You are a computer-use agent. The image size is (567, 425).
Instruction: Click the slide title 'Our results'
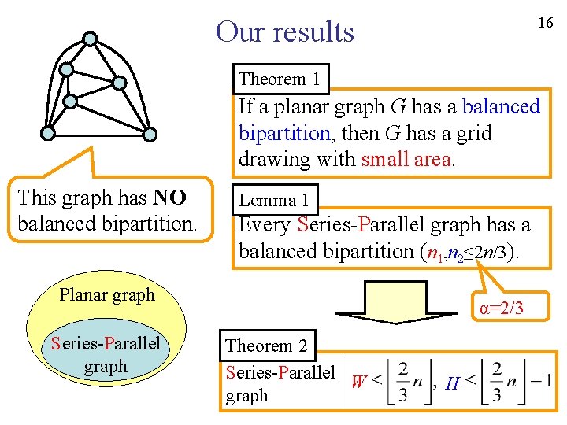(285, 31)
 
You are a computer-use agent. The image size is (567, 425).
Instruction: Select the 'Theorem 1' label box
(280, 79)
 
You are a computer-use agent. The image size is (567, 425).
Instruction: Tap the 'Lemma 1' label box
(273, 200)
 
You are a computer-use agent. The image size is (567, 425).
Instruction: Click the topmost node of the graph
(91, 38)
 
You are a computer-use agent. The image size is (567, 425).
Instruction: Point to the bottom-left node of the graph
(48, 134)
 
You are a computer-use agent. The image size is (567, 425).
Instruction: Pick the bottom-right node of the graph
(150, 134)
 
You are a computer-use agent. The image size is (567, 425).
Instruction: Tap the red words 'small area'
(406, 160)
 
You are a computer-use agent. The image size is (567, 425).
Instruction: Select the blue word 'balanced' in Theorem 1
(501, 106)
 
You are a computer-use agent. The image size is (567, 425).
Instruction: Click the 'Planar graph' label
(107, 295)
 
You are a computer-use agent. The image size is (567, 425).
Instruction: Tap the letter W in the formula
(358, 382)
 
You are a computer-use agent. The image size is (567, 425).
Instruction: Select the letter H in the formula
(452, 383)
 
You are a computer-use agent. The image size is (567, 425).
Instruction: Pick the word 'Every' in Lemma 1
(265, 225)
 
